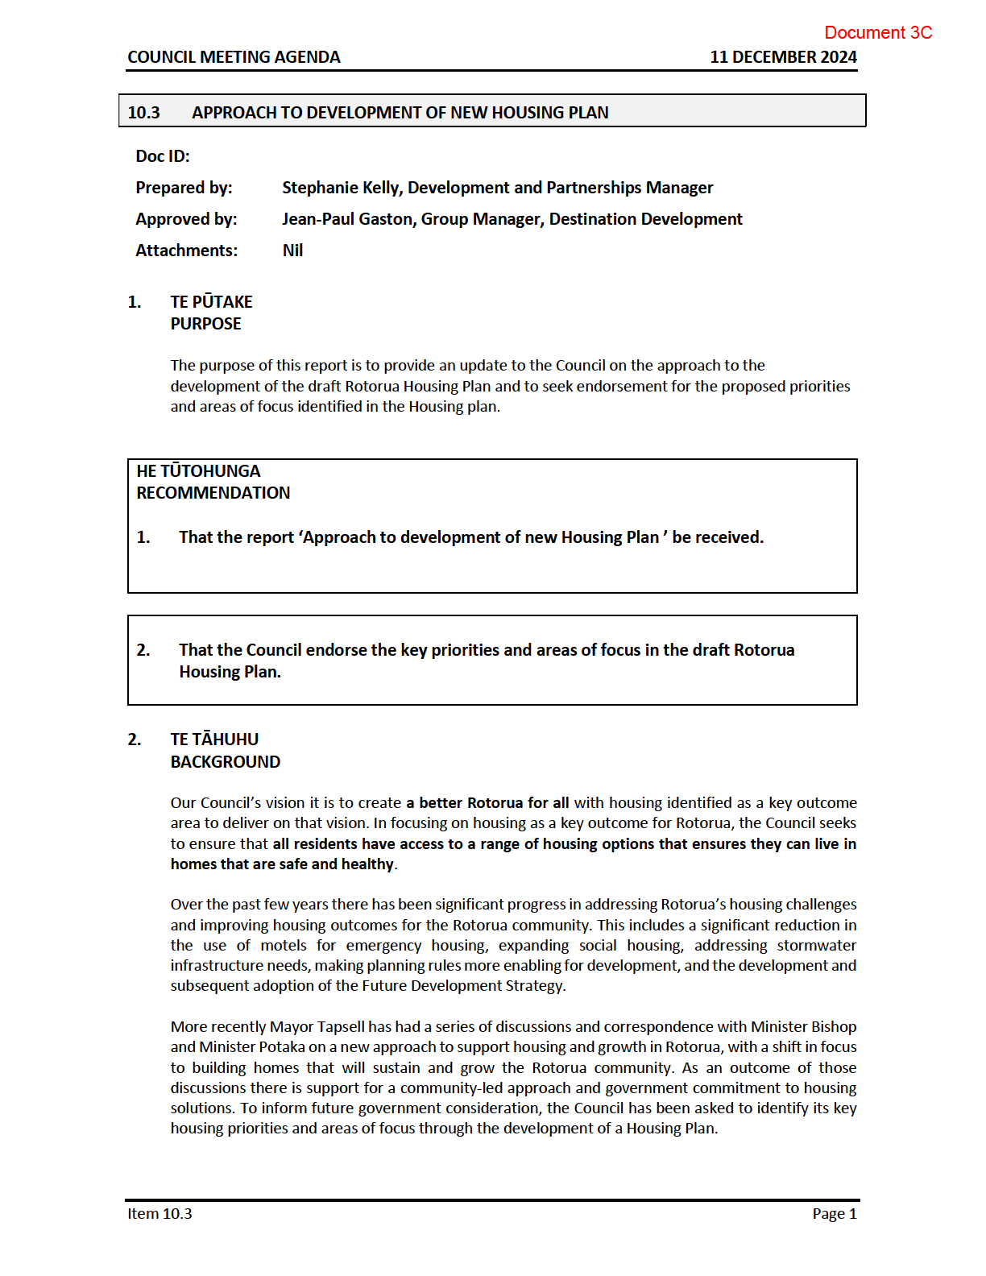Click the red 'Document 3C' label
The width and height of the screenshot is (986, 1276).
pos(878,33)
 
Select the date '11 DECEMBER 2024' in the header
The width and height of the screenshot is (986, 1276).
pos(783,57)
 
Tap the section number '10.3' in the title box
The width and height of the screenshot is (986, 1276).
pos(144,113)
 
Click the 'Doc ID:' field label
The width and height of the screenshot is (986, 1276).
pos(163,156)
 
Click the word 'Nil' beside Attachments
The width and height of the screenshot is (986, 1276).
pos(292,251)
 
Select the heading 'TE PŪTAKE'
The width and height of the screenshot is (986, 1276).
pos(211,302)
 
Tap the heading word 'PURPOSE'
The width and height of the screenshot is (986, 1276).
pos(205,324)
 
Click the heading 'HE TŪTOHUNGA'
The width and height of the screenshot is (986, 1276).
pos(198,471)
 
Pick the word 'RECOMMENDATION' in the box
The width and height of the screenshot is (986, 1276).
pos(213,493)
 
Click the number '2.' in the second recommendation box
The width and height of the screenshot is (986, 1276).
pos(143,650)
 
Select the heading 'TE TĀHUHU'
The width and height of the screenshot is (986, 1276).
pos(214,739)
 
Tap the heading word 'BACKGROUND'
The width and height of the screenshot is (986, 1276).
pos(226,762)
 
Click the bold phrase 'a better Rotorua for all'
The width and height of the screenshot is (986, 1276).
pos(487,803)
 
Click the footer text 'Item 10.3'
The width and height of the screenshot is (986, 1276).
pos(159,1214)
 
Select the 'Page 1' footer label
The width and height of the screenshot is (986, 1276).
pos(835,1214)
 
